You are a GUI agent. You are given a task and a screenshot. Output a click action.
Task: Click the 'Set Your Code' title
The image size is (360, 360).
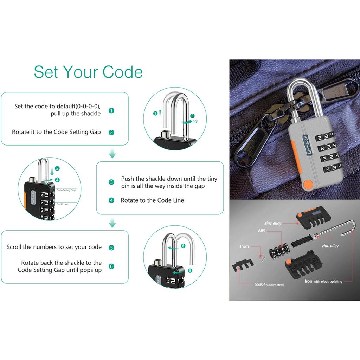click(x=88, y=72)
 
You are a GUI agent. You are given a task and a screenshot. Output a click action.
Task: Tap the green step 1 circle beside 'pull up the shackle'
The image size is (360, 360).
click(x=111, y=111)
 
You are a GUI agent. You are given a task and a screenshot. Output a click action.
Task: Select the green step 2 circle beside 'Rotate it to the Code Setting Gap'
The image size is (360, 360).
click(x=111, y=133)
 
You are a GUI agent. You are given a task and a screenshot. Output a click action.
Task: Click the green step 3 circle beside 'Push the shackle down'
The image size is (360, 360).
click(x=111, y=182)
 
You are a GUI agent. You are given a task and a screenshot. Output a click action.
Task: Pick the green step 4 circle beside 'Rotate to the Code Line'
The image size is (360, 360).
click(x=111, y=200)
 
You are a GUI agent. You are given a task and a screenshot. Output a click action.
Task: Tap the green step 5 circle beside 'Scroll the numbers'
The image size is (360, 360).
click(x=111, y=247)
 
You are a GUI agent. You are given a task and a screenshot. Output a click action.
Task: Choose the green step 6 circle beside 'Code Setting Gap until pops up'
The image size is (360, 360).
click(x=111, y=266)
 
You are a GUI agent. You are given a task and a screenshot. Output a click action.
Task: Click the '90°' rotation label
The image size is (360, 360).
click(x=195, y=122)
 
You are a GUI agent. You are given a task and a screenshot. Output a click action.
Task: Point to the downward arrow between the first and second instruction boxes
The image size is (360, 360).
click(x=112, y=153)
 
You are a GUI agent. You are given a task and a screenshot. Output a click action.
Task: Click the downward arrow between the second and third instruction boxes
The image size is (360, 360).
click(x=112, y=223)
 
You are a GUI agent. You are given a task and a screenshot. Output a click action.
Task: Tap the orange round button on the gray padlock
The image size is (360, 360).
click(x=308, y=185)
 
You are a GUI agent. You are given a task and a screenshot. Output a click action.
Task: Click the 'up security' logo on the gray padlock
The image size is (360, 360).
click(x=307, y=144)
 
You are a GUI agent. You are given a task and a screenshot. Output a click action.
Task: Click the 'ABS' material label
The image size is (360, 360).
click(x=262, y=231)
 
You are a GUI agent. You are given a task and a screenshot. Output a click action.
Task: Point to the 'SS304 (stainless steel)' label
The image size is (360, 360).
click(x=269, y=285)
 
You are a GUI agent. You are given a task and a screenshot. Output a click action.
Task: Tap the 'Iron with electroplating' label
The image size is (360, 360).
click(x=323, y=281)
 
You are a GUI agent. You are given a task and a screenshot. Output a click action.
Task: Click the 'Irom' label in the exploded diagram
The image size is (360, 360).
click(x=245, y=246)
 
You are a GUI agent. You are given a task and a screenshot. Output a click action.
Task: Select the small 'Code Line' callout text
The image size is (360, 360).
click(x=63, y=204)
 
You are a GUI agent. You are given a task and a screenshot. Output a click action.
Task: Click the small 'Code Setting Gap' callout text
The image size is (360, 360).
click(x=66, y=190)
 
